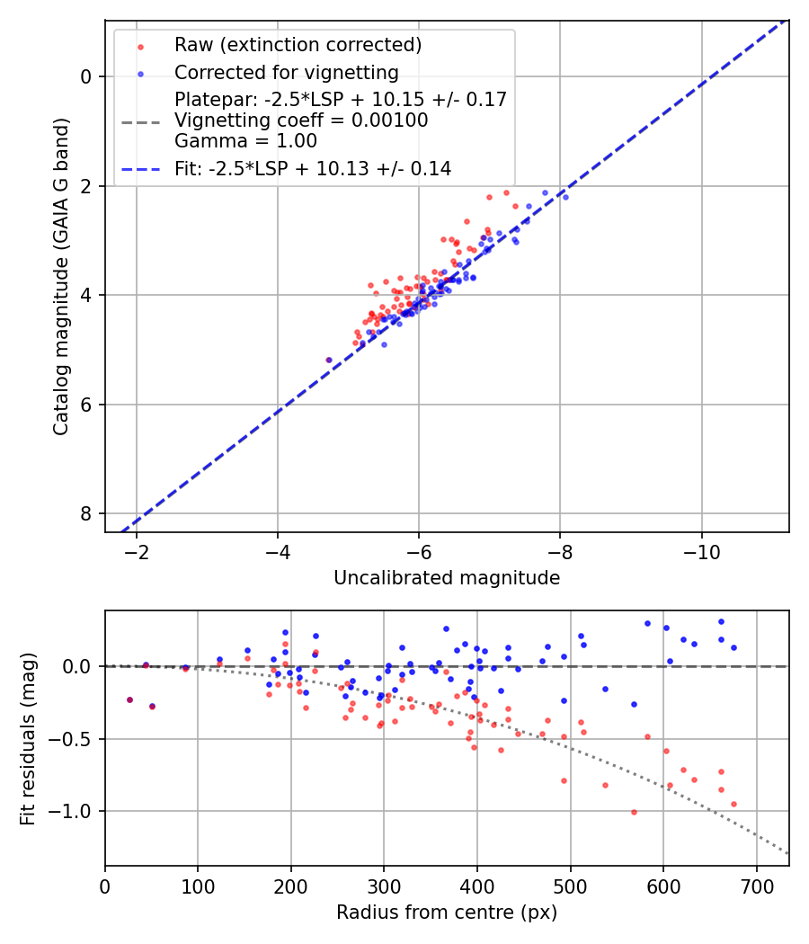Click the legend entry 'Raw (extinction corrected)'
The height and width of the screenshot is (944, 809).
298,45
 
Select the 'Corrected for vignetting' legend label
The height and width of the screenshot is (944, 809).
286,72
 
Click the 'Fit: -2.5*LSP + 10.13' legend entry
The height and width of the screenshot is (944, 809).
313,169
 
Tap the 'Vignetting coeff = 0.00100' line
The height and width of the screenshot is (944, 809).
301,120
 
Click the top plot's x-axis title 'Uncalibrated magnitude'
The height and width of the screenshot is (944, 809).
447,578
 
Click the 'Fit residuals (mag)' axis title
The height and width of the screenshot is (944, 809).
28,737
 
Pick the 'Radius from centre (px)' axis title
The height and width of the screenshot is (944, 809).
447,913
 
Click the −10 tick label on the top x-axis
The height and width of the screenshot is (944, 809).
701,552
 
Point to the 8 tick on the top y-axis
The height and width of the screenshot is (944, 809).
86,513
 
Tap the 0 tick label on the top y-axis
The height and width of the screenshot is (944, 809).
86,76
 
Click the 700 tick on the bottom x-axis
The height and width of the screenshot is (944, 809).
756,886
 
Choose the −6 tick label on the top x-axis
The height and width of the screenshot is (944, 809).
419,552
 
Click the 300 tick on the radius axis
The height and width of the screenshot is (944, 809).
384,886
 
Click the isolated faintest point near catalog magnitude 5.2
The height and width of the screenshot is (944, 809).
329,360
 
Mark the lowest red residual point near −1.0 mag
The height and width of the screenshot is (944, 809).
634,812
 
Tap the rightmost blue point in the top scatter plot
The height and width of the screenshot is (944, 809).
565,197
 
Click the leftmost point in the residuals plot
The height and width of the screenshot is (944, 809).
129,699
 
